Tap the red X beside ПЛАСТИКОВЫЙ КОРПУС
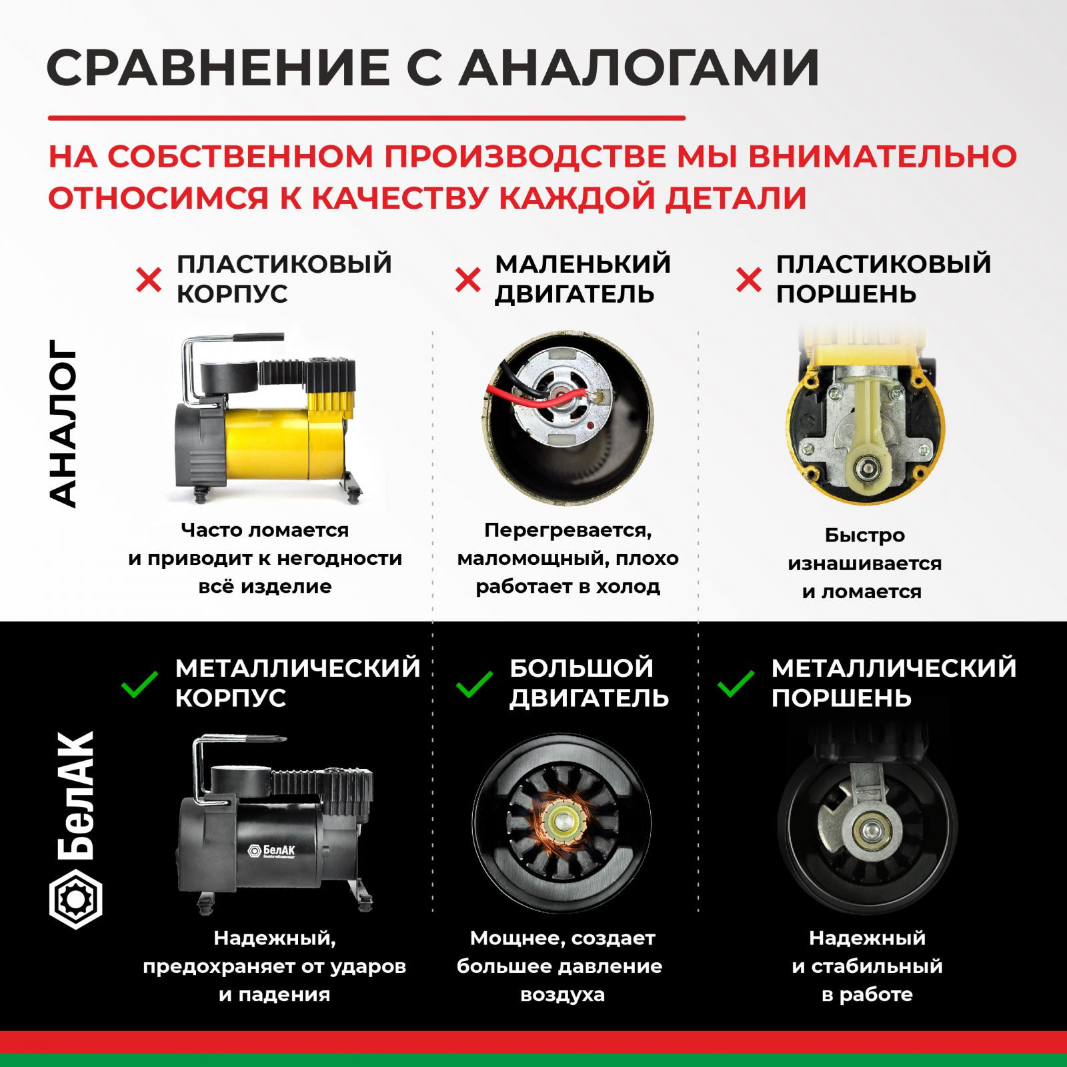point(149,280)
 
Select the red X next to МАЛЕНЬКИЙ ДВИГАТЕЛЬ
point(467,280)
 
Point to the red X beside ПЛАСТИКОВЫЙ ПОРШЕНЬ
point(749,280)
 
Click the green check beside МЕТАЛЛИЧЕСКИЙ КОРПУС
point(140,684)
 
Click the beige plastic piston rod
point(864,427)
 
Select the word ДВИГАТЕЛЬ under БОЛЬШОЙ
point(589,698)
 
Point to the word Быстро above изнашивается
point(864,536)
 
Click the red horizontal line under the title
point(366,119)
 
